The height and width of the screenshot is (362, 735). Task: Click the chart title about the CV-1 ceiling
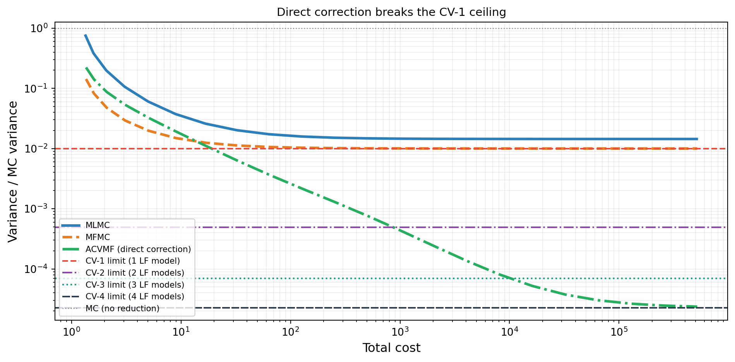coord(391,12)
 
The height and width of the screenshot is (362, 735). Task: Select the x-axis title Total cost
coord(391,348)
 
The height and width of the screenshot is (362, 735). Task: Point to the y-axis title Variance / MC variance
coord(13,172)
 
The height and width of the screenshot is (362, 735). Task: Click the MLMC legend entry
coord(98,225)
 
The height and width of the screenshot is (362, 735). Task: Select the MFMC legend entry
coord(98,237)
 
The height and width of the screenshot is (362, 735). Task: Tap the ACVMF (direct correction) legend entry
coord(138,249)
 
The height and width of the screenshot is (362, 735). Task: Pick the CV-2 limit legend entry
coord(135,273)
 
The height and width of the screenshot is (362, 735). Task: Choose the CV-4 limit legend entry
coord(135,297)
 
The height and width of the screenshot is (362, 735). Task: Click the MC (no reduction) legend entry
coord(122,309)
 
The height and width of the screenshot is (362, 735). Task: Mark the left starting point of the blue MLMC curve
coord(85,35)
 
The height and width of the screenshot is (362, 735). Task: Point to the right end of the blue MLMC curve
coord(697,139)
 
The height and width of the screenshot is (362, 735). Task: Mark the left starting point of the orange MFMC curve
coord(86,79)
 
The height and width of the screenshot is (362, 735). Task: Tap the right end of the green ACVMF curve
coord(697,307)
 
